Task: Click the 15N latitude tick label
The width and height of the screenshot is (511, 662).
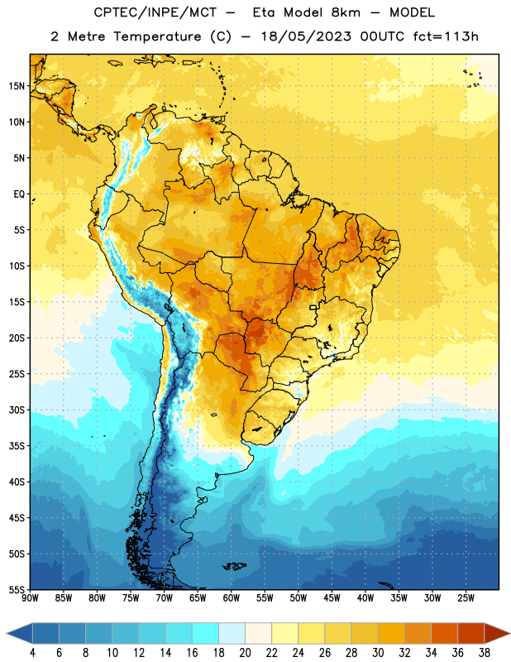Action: click(x=17, y=86)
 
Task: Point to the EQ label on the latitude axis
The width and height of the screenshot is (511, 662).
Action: click(x=19, y=194)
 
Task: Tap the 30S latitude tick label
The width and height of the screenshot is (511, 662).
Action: click(x=17, y=410)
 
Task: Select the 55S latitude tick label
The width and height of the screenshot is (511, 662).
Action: click(x=17, y=589)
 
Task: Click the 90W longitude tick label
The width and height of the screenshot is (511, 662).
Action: click(x=30, y=598)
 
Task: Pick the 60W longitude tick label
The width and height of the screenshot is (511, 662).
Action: click(x=231, y=598)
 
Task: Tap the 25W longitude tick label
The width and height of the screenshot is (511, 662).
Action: click(x=466, y=598)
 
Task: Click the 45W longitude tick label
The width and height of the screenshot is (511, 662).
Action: click(x=332, y=598)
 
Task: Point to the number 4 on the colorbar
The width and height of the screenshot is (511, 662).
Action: click(x=32, y=653)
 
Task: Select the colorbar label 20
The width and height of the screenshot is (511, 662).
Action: click(x=245, y=653)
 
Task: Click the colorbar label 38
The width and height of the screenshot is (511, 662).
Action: click(x=485, y=653)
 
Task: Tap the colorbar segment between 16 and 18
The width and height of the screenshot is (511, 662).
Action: click(x=206, y=633)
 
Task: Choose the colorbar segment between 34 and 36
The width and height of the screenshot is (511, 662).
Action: click(x=445, y=633)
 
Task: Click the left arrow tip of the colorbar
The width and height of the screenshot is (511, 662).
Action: click(x=7, y=633)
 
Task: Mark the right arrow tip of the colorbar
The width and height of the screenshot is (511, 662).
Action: click(x=510, y=633)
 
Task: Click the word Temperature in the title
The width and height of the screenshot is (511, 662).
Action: click(x=157, y=36)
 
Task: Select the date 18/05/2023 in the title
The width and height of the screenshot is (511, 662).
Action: click(x=306, y=36)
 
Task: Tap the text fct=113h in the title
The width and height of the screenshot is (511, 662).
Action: click(x=446, y=36)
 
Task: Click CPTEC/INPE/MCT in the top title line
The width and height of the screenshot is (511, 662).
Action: click(x=155, y=12)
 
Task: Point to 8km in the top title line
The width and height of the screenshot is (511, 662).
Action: click(x=346, y=12)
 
